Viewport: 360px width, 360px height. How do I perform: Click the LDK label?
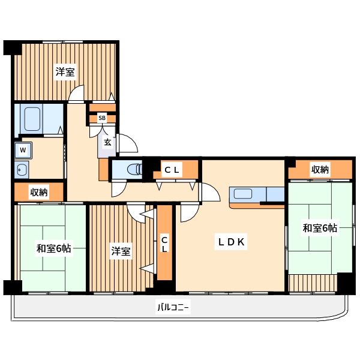230,242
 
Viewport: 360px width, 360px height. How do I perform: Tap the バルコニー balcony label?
173,308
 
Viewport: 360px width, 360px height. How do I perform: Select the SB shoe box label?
102,118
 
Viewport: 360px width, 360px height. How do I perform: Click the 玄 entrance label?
107,142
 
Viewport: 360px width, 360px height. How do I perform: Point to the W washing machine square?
23,149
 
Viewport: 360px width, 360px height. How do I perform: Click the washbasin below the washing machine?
22,169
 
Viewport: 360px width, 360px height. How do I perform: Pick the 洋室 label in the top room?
65,72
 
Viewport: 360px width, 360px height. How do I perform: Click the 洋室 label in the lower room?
121,251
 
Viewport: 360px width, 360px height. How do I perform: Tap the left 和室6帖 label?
53,248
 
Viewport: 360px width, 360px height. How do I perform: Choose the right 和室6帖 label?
319,228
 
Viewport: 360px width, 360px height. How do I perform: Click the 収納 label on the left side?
39,192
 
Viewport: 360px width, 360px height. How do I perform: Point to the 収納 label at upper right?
320,169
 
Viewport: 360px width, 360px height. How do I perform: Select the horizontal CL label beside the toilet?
172,170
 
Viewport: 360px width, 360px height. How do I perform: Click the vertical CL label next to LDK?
164,244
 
